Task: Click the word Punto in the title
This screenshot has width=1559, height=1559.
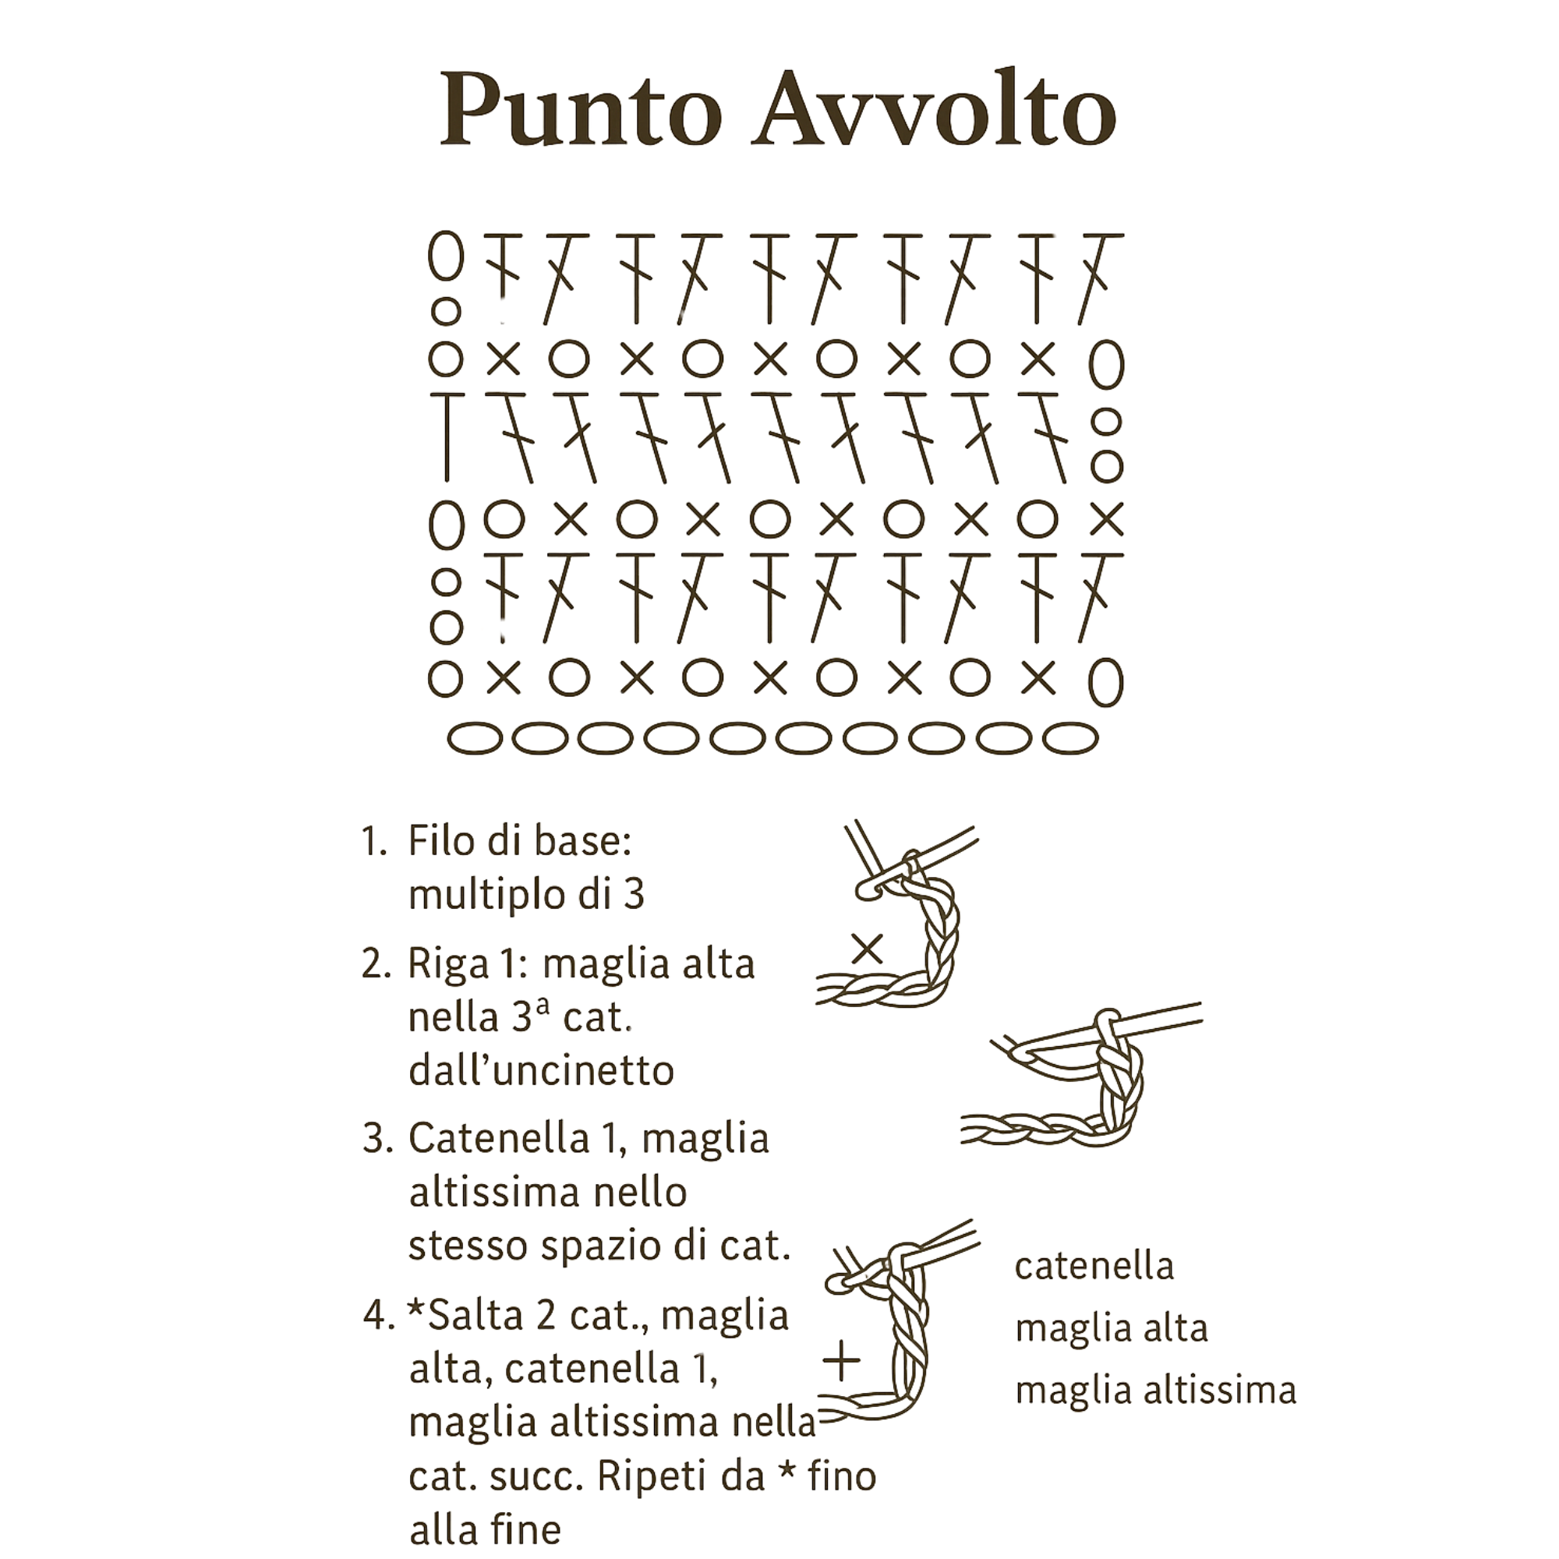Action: point(580,110)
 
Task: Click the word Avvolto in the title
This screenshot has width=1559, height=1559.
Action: point(934,110)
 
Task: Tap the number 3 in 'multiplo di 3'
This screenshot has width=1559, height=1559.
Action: point(634,895)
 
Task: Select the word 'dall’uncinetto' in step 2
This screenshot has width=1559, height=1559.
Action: point(542,1072)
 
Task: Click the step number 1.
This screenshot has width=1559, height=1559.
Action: point(374,842)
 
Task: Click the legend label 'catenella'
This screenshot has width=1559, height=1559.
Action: point(1094,1266)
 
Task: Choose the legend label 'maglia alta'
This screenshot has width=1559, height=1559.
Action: point(1111,1329)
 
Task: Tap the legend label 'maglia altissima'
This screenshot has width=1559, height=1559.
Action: point(1155,1391)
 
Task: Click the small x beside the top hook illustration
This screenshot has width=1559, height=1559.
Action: point(868,948)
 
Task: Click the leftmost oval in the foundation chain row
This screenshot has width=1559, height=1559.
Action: point(475,737)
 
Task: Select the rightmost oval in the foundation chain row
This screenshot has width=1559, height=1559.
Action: point(1071,737)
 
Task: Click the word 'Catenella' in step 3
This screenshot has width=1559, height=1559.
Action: point(499,1139)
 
